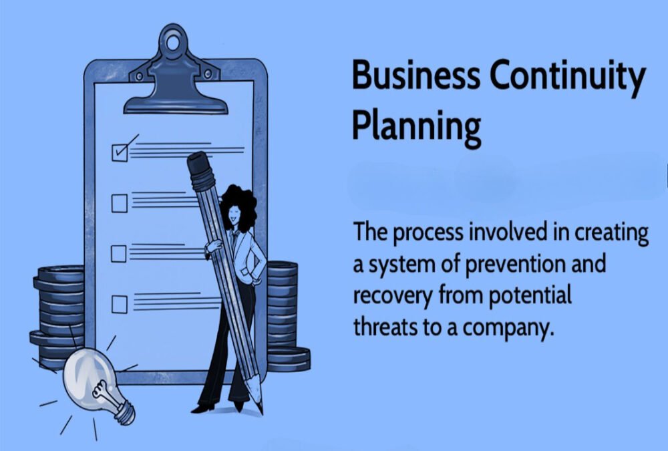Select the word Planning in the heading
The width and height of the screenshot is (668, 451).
(x=417, y=126)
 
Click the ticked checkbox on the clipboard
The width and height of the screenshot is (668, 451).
(x=120, y=152)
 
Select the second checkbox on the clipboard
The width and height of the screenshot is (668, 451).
(x=120, y=203)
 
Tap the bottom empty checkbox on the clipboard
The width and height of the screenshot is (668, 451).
(x=120, y=305)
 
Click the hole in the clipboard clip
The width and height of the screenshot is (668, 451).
(x=172, y=43)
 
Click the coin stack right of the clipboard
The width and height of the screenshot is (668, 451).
(x=285, y=316)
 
